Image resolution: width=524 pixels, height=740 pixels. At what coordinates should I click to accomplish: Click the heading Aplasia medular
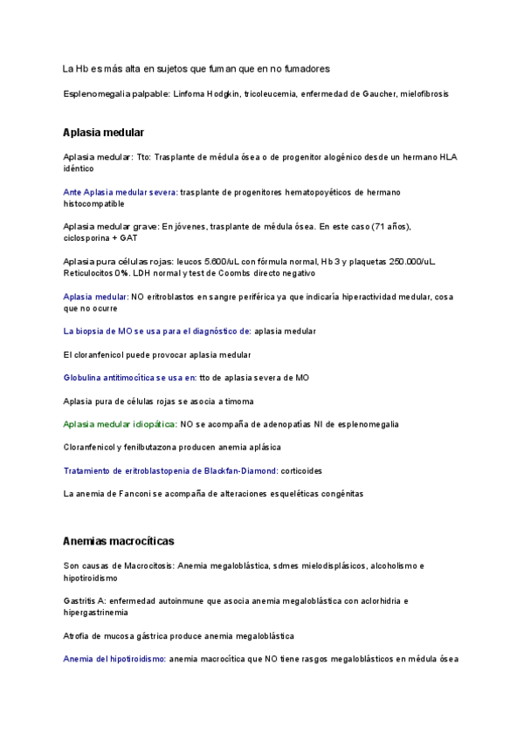103,133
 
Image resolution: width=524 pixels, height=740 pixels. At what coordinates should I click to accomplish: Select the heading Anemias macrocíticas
119,541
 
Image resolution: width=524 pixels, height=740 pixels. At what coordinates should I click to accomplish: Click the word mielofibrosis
424,92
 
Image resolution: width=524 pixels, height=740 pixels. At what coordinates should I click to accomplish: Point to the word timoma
237,401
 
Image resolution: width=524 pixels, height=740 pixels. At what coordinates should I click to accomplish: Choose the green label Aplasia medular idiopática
120,424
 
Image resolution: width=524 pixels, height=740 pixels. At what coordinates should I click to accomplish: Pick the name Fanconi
128,494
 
